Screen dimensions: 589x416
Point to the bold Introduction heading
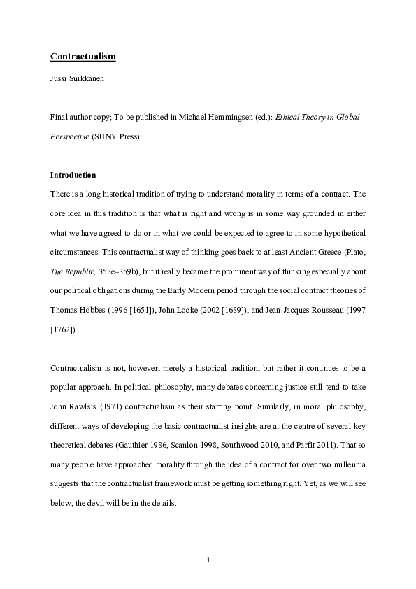73,175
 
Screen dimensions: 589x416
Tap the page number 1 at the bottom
208,560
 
